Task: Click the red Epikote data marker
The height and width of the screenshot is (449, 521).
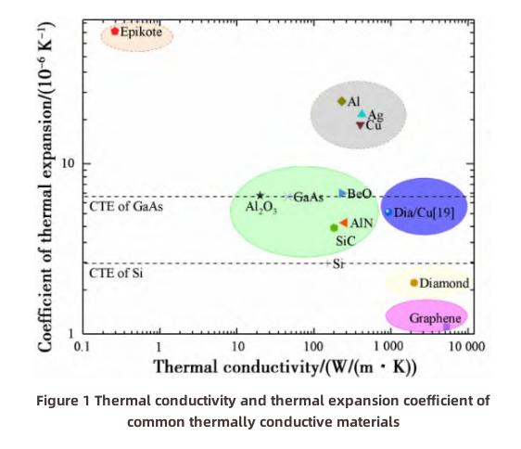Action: [x=115, y=31]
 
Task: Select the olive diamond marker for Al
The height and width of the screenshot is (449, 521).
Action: [x=341, y=101]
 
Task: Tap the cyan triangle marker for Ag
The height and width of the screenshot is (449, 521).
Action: [x=362, y=114]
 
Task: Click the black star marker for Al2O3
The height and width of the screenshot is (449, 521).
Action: [x=260, y=196]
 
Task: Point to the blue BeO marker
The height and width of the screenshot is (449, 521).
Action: [x=342, y=193]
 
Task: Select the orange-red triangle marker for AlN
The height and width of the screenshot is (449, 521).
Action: [x=343, y=224]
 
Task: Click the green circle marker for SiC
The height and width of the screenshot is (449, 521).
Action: [x=334, y=227]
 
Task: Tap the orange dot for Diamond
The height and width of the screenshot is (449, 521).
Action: [x=413, y=282]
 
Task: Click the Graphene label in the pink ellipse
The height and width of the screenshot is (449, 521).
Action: [x=435, y=318]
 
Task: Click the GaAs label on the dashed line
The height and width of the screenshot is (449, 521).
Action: [x=309, y=198]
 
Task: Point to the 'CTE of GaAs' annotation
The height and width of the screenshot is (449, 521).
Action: [x=126, y=207]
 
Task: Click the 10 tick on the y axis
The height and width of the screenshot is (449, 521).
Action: [x=68, y=163]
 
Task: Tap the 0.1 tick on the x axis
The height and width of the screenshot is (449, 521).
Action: [x=82, y=346]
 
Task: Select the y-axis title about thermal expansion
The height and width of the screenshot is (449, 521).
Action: [x=45, y=186]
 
